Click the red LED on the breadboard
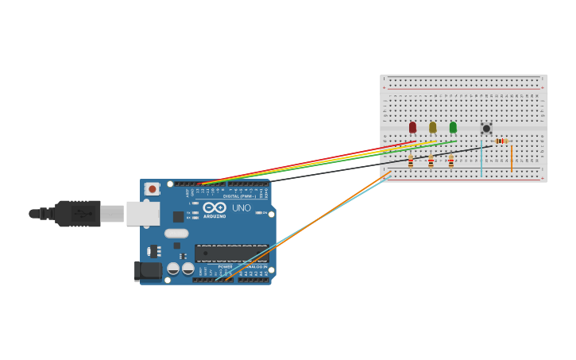click(412, 127)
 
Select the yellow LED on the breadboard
click(433, 127)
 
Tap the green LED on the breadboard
click(453, 127)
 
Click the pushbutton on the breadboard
click(486, 128)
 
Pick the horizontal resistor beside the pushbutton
click(501, 141)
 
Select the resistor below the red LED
click(411, 161)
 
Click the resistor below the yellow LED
click(431, 161)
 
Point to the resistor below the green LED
click(450, 161)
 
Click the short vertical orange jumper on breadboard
click(512, 157)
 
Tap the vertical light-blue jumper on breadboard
click(481, 159)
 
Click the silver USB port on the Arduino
click(143, 213)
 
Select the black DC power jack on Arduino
click(149, 270)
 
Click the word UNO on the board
click(242, 208)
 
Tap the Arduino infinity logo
click(215, 207)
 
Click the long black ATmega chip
click(231, 254)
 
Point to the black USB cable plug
click(78, 213)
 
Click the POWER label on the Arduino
click(226, 267)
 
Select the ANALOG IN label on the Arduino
click(256, 267)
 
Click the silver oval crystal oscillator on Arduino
click(176, 234)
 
